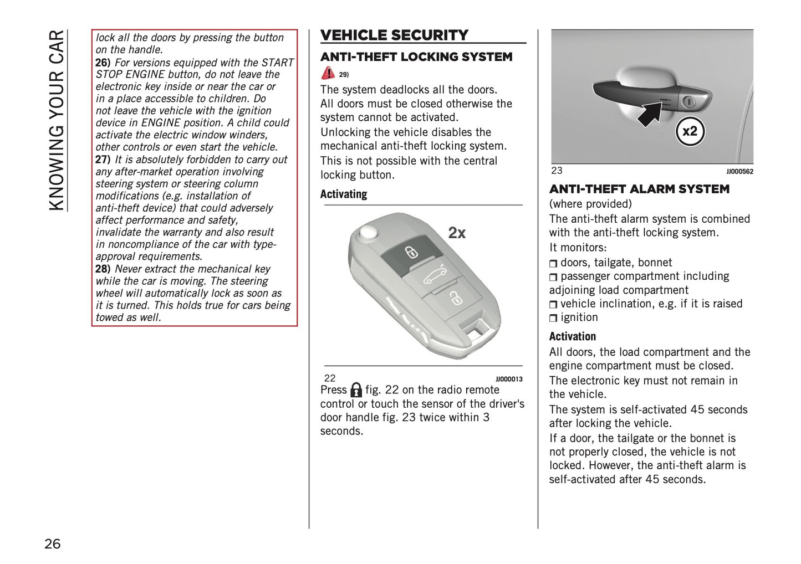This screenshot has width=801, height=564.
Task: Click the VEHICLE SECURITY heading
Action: click(x=394, y=35)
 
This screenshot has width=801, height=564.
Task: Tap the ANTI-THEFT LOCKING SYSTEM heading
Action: click(x=416, y=57)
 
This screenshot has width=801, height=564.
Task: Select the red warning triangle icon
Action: click(x=328, y=73)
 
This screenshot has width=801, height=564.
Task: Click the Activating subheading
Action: click(x=344, y=194)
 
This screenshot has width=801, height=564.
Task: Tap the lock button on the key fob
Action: click(x=410, y=253)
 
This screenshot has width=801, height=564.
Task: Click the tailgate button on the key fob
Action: click(x=434, y=276)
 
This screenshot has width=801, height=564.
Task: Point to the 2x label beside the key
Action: click(x=457, y=233)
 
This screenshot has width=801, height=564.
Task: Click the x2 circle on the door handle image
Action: click(x=690, y=132)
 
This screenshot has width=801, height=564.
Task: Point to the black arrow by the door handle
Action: click(x=651, y=112)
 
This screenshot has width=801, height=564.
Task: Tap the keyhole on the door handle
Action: click(x=688, y=102)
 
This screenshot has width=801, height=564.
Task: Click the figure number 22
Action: click(x=330, y=378)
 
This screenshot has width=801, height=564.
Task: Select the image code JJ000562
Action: click(x=739, y=172)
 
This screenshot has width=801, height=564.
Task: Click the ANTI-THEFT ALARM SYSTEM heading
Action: click(x=639, y=189)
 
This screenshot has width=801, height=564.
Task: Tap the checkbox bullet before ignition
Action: click(x=553, y=319)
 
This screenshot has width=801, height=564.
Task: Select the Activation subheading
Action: click(x=572, y=337)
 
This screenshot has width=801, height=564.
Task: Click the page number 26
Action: click(x=53, y=544)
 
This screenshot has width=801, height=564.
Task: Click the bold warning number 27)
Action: click(x=103, y=160)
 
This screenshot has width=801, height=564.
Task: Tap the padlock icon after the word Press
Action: click(x=356, y=390)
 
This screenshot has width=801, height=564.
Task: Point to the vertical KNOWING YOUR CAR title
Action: click(x=57, y=120)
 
